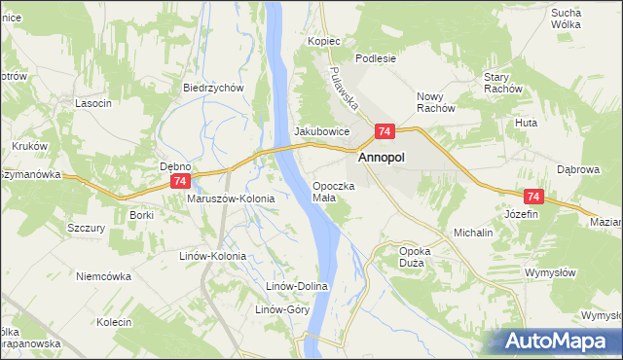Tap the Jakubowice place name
321,131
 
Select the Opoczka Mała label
333,191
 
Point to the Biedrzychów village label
212,87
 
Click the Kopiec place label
324,42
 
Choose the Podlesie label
376,58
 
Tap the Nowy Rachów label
436,102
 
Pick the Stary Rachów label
503,83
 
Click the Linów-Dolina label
298,286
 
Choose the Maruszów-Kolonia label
231,198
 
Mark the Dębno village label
175,166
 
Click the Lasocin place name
93,103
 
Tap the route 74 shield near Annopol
385,131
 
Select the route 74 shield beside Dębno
179,182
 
